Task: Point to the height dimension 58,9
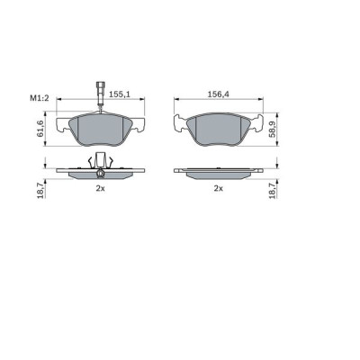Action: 282,128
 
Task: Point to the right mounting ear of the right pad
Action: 259,124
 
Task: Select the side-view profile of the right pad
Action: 217,171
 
